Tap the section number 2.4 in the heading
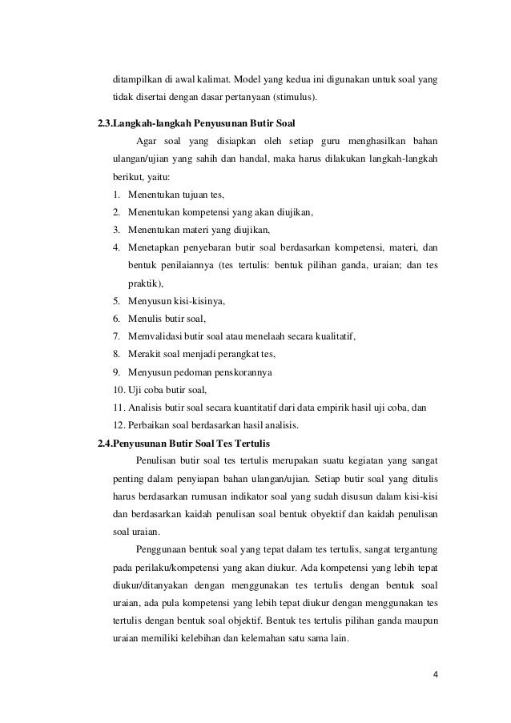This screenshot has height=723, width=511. point(103,443)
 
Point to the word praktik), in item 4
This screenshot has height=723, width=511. point(145,283)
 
